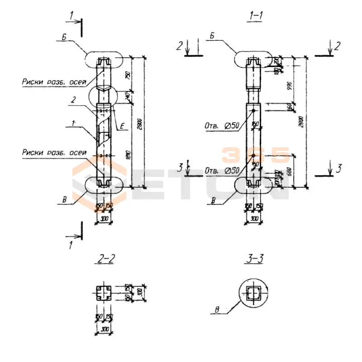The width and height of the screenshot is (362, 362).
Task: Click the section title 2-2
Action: point(105,259)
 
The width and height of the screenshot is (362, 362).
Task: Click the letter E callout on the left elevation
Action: point(122,128)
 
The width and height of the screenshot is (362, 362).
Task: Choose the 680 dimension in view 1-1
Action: point(290,171)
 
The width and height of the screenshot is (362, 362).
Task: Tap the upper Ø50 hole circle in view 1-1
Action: point(253,111)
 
